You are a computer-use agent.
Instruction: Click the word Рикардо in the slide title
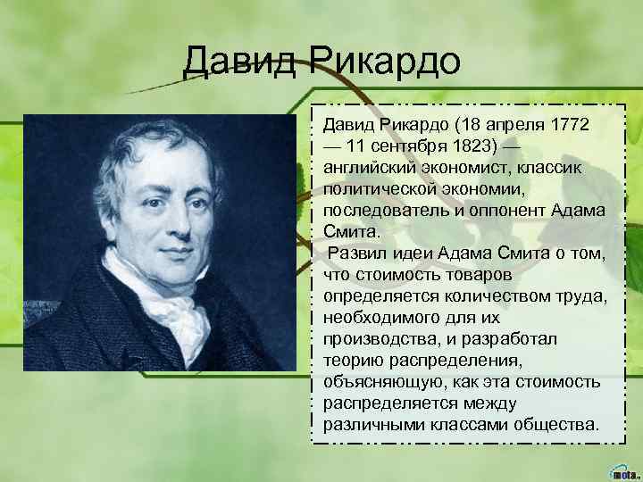(x=388, y=63)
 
